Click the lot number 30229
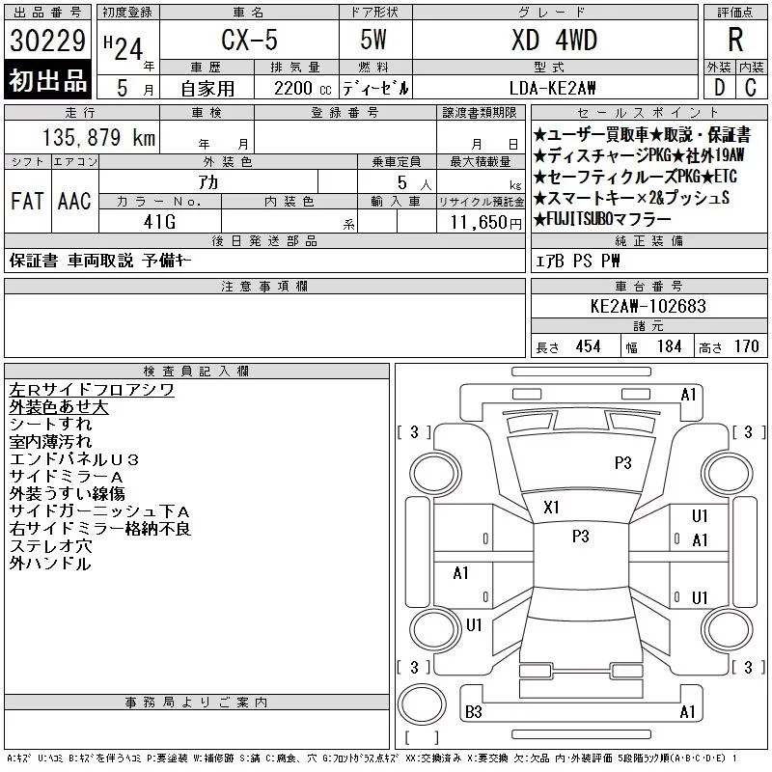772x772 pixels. click(47, 41)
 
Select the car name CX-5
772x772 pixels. click(250, 40)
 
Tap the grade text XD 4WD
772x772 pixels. click(554, 40)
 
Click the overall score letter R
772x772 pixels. click(735, 40)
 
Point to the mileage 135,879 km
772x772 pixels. click(99, 137)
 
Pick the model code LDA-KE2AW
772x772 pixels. click(552, 88)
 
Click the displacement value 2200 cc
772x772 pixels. click(303, 89)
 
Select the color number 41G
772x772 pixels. click(159, 222)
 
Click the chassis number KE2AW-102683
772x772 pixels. click(648, 306)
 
